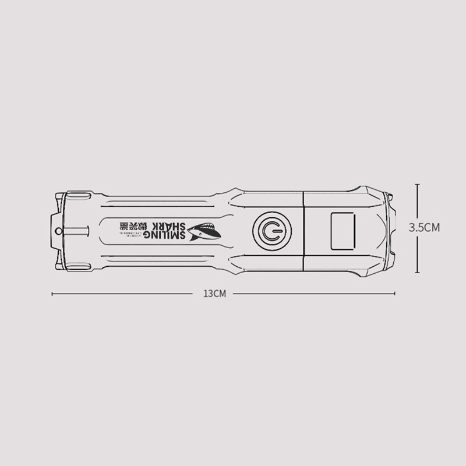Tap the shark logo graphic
pos(205,232)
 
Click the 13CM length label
pos(214,294)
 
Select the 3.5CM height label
pos(424,228)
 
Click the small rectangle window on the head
pos(342,231)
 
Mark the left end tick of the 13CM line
pos(52,294)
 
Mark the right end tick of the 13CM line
pos(395,294)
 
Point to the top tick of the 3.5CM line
pos(417,185)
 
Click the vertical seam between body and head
pos(304,231)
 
